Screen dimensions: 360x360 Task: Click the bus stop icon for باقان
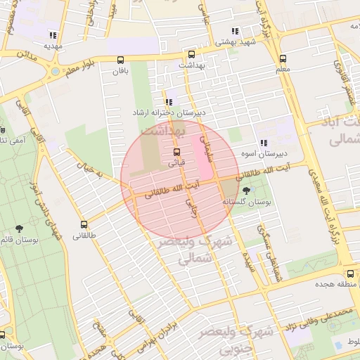coord(120,60)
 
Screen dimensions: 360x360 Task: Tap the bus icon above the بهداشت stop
coord(191,54)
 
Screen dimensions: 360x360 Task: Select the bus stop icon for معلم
coord(283,59)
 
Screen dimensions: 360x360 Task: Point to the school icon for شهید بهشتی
coord(235,31)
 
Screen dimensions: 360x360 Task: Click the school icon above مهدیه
coord(52,35)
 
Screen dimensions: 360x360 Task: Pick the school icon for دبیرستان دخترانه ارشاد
coord(168,102)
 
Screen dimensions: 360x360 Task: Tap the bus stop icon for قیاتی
coord(176,152)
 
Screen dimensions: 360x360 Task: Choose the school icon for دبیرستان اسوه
coord(263,143)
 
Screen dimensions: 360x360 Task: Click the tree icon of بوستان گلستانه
coord(246,191)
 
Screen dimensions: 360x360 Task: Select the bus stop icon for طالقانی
coord(84,224)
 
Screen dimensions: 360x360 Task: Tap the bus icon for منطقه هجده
coord(349,274)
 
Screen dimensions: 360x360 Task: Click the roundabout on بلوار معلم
coord(55,70)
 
